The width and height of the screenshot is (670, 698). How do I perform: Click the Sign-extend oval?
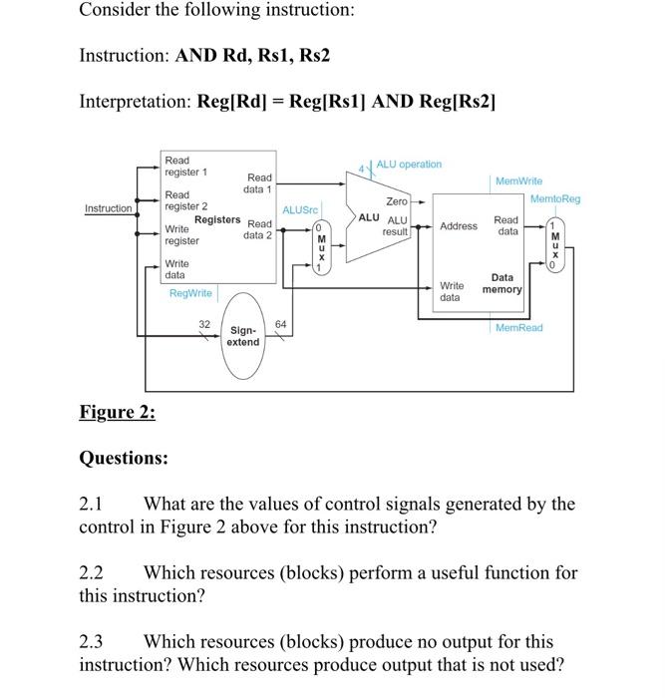(x=243, y=336)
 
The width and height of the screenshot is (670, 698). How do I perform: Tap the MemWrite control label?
(x=518, y=181)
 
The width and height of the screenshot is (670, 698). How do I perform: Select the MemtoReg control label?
(x=555, y=199)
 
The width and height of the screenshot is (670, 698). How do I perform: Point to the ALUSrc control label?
(x=299, y=209)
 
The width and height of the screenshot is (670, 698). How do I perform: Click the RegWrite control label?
(x=190, y=293)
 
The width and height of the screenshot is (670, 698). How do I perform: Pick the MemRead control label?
(x=518, y=327)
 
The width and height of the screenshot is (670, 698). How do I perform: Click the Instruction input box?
(x=108, y=208)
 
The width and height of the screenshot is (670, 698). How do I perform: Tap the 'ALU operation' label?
(x=409, y=164)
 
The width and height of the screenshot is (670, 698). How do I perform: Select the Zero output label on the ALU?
(x=398, y=201)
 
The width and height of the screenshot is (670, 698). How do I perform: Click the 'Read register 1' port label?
(x=185, y=167)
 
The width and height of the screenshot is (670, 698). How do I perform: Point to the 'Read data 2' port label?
(x=258, y=229)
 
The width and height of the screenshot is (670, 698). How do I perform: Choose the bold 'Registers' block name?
(x=216, y=218)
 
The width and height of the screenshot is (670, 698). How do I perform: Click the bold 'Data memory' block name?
(x=502, y=283)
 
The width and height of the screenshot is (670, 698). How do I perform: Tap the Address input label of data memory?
(x=459, y=226)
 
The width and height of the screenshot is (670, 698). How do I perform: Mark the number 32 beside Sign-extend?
(x=204, y=324)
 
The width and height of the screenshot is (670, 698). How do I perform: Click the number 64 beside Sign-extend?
(x=280, y=324)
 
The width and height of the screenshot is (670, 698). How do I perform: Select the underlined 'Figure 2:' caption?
(x=117, y=412)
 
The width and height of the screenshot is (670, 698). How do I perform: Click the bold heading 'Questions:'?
(x=124, y=458)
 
